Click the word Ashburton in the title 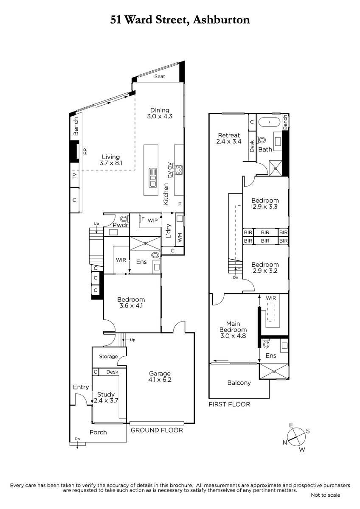click(x=221, y=20)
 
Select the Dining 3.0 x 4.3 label click(x=160, y=113)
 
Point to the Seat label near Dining click(x=160, y=76)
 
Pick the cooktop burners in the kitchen click(x=179, y=170)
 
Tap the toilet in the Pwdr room click(x=124, y=218)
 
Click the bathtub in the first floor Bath click(x=270, y=122)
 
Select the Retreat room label click(x=229, y=138)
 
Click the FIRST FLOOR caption click(x=229, y=404)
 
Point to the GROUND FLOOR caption click(x=157, y=430)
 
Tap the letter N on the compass click(x=285, y=442)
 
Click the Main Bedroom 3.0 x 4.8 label click(x=233, y=330)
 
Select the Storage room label click(x=109, y=357)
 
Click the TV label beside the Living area click(x=75, y=176)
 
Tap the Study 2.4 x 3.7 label click(x=106, y=397)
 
